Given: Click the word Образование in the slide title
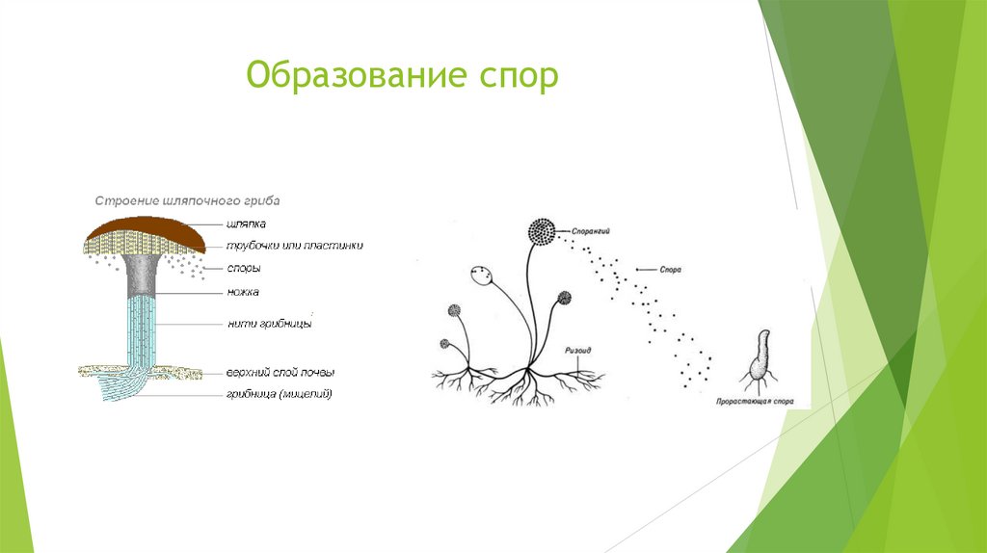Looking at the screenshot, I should pos(342,76).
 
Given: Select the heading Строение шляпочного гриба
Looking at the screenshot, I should pos(186,200).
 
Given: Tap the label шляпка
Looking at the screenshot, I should pos(247,224).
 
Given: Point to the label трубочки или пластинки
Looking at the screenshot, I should pos(294,246).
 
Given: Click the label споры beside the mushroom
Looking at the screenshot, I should pos(243,269).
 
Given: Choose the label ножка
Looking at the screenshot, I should pos(244,292).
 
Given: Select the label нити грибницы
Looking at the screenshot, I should pos(269,324).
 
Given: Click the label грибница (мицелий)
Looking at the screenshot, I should pos(279,393).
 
